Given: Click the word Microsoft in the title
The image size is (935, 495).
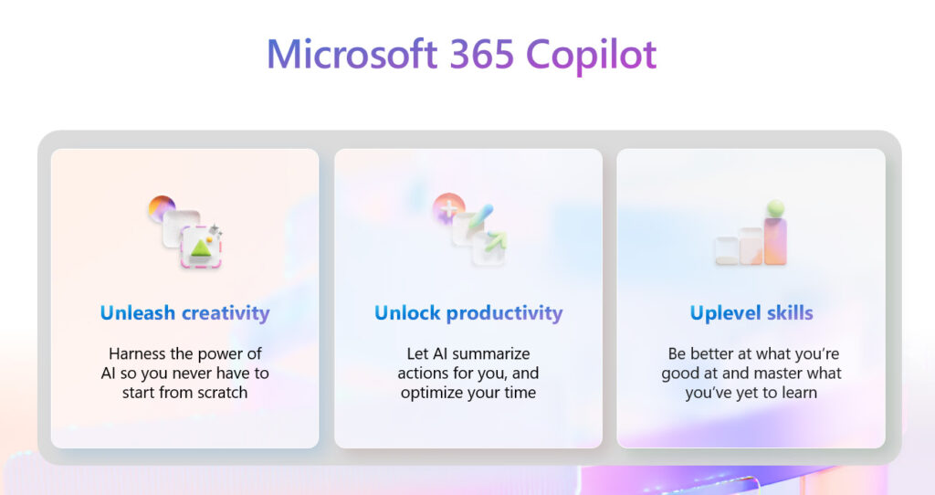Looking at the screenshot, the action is (x=352, y=54).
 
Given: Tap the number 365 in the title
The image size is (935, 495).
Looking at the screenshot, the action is (x=482, y=54).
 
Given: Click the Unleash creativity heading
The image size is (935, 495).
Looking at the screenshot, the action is (x=184, y=313).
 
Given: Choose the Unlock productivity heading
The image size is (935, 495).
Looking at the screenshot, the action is (x=468, y=313).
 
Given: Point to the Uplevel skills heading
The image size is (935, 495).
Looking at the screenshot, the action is (x=751, y=313).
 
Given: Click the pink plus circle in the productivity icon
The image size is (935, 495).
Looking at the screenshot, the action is (x=448, y=207).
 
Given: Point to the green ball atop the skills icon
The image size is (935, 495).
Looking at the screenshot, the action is (x=775, y=208).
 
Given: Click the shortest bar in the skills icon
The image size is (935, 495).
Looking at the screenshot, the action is (x=727, y=250).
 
